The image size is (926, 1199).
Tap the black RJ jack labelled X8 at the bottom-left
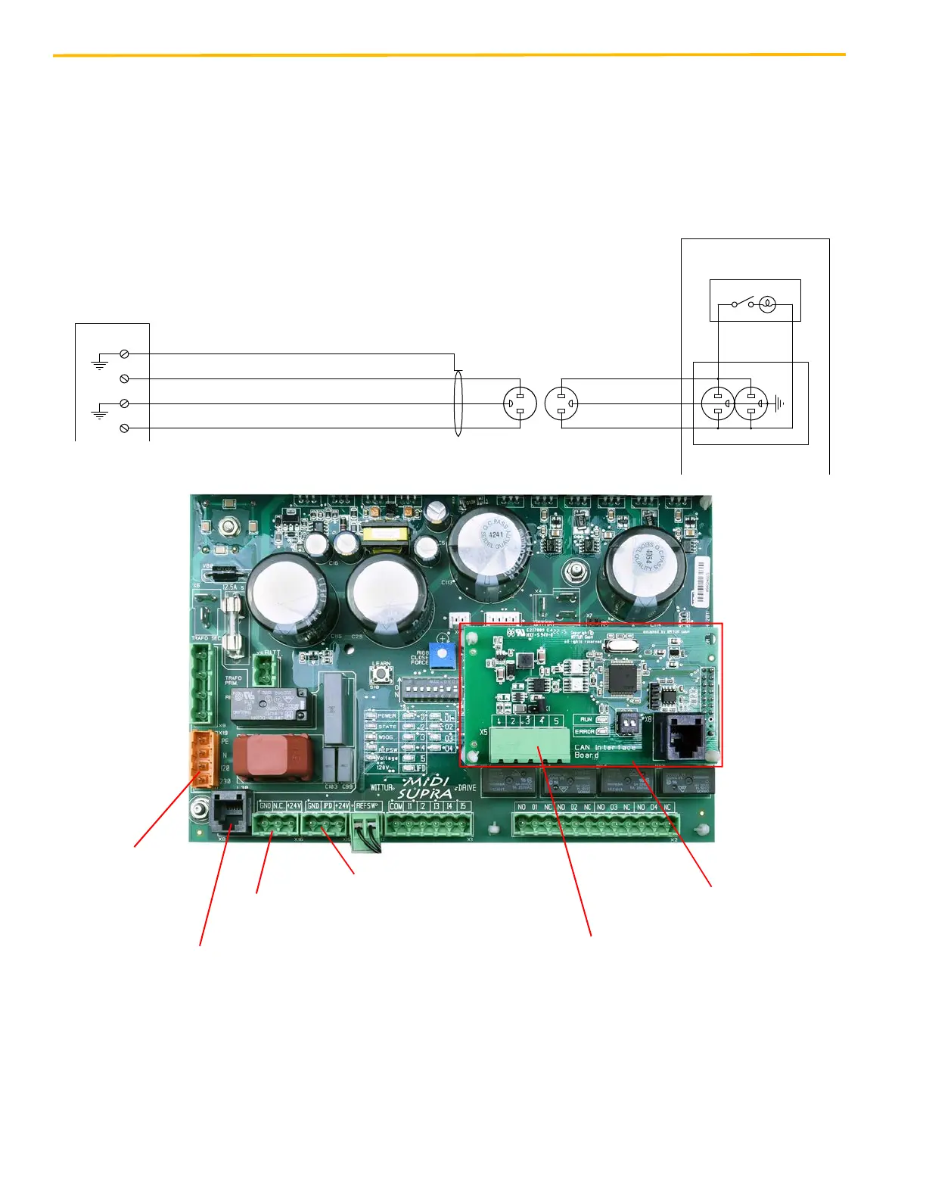click(231, 813)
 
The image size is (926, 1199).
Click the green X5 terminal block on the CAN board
click(529, 745)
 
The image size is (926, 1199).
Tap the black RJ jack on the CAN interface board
click(684, 736)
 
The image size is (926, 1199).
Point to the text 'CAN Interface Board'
click(605, 751)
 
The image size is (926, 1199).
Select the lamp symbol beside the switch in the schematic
click(766, 304)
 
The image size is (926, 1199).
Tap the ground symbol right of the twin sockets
click(778, 403)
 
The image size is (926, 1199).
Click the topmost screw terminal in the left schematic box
click(124, 353)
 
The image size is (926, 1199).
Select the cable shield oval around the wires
click(458, 403)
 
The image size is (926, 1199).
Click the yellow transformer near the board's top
click(384, 536)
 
